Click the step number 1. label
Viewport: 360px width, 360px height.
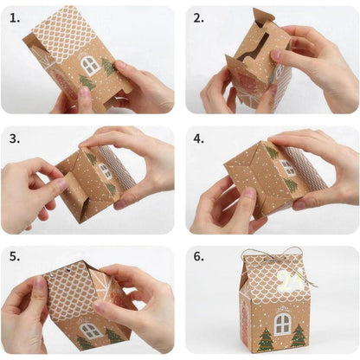coord(13,17)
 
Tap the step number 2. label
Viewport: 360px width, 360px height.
coord(198,17)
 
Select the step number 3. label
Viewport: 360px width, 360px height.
coord(13,138)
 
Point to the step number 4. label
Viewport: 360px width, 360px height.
coord(198,138)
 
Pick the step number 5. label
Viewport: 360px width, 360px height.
coord(13,257)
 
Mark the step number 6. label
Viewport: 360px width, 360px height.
coord(198,257)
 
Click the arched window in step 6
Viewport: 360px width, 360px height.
coord(283,324)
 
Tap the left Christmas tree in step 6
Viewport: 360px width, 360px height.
coord(266,337)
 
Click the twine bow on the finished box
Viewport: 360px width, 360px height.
coord(275,255)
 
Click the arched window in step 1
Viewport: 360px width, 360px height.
coord(89,64)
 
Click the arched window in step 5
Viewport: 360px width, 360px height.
coord(90,330)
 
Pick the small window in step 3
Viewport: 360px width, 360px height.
coord(105,170)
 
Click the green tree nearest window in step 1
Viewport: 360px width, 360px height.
coord(109,67)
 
